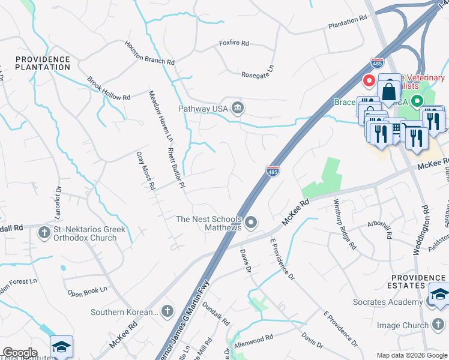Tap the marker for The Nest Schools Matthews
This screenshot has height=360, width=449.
pyautogui.click(x=252, y=223)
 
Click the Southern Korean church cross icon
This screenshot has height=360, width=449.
pyautogui.click(x=167, y=311)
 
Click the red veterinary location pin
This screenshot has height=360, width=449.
pyautogui.click(x=369, y=80)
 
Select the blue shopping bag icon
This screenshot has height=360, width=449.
pyautogui.click(x=390, y=91)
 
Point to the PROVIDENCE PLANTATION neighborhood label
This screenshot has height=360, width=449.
pyautogui.click(x=43, y=63)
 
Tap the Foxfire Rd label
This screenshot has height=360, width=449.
pyautogui.click(x=234, y=44)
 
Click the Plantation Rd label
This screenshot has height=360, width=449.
pyautogui.click(x=347, y=22)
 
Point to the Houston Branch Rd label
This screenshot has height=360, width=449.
pyautogui.click(x=149, y=53)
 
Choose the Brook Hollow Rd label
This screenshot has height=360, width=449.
pyautogui.click(x=108, y=88)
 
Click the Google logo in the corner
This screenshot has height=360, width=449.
pyautogui.click(x=20, y=352)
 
